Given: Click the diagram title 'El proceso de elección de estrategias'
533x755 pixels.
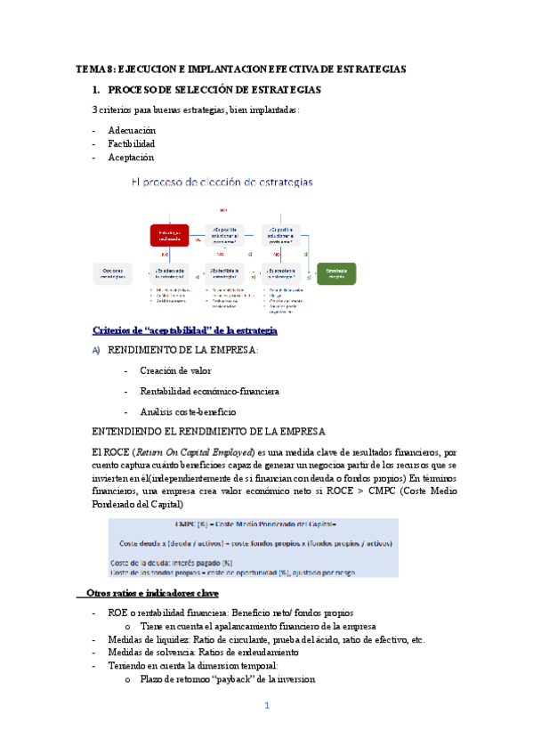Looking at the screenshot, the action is click(x=222, y=182).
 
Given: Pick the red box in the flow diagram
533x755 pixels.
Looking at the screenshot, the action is click(x=169, y=235).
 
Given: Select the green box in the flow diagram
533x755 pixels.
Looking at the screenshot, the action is click(x=336, y=273).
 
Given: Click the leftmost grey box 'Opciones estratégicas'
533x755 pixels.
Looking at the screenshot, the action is click(x=113, y=273).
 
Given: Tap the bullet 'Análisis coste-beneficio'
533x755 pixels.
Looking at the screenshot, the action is click(x=188, y=411).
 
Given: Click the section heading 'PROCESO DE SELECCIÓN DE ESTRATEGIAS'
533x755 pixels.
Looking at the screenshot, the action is click(x=214, y=90).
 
